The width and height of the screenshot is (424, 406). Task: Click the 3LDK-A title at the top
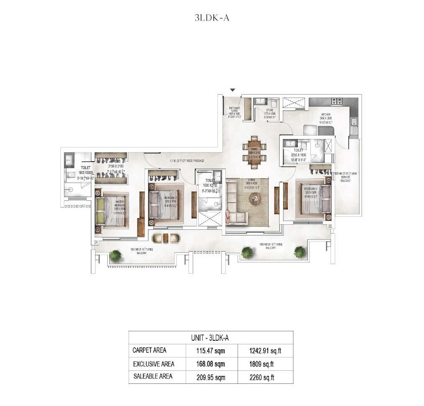(212, 18)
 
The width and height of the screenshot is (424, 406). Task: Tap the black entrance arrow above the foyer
(233, 90)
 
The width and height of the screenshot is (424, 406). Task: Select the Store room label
(269, 113)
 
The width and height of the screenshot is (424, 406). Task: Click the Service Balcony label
(344, 178)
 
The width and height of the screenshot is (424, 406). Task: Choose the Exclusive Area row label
(153, 364)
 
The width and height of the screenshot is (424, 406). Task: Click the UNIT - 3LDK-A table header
(211, 337)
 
